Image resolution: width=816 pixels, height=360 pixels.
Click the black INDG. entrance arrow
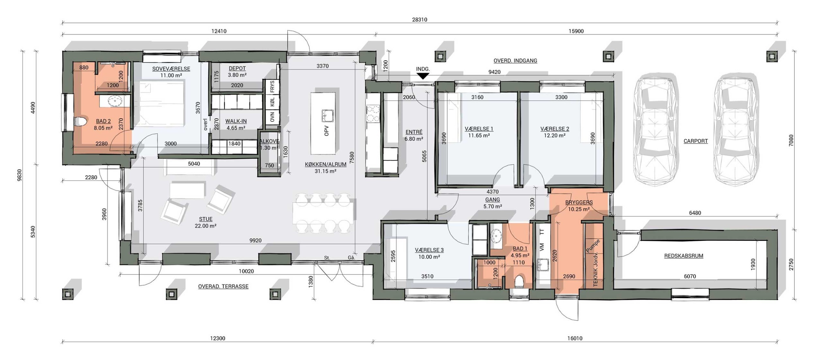click(x=423, y=76)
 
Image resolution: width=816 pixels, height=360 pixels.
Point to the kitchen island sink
click(x=327, y=115)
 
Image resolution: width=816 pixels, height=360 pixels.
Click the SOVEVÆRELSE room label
click(x=171, y=69)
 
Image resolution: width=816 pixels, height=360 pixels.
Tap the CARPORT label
click(x=696, y=141)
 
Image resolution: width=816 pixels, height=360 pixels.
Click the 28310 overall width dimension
click(x=419, y=20)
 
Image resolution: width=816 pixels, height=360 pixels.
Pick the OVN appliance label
click(x=273, y=116)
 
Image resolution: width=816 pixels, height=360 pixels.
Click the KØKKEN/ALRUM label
click(x=326, y=164)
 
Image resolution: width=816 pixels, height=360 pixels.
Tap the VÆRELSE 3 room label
click(x=429, y=250)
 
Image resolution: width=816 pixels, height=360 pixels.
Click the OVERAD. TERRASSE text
click(x=223, y=286)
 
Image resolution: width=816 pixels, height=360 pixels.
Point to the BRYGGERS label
click(x=579, y=202)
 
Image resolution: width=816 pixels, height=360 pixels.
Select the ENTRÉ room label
click(x=414, y=132)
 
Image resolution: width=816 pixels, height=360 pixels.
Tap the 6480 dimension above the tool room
click(x=695, y=213)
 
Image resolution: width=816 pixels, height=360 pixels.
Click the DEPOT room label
click(x=237, y=69)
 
